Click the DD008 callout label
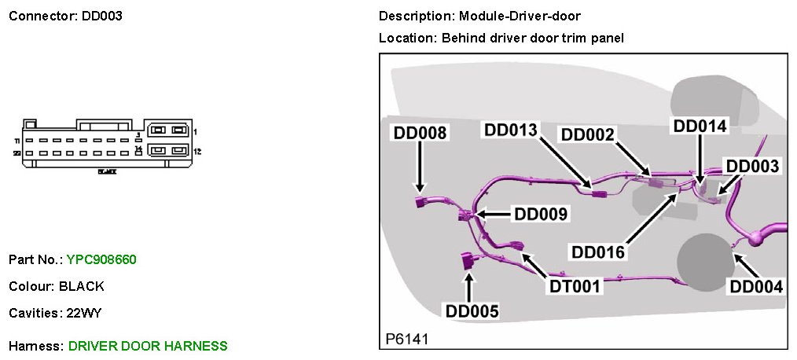(421, 134)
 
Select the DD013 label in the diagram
(512, 129)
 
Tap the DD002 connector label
(588, 134)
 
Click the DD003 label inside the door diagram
(752, 166)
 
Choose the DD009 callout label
(541, 213)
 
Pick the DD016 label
(599, 252)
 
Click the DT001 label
(575, 286)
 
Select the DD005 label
(472, 312)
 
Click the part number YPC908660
(103, 259)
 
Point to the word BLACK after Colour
(86, 286)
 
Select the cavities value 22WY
(84, 313)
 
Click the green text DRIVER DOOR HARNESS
(148, 346)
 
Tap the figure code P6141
(406, 339)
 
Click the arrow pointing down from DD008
(420, 169)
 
